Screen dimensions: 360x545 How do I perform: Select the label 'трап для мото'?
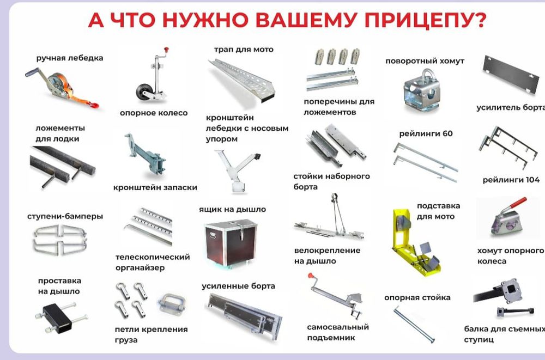pos(244,50)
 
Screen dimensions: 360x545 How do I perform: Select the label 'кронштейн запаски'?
pos(155,187)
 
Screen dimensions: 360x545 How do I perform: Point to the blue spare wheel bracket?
pos(145,155)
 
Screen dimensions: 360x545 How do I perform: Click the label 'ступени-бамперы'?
pos(65,216)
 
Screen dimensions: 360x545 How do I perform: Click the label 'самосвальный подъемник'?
pos(338,332)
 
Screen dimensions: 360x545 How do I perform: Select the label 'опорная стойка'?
pos(417,297)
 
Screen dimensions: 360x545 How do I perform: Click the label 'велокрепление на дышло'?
pos(327,255)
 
